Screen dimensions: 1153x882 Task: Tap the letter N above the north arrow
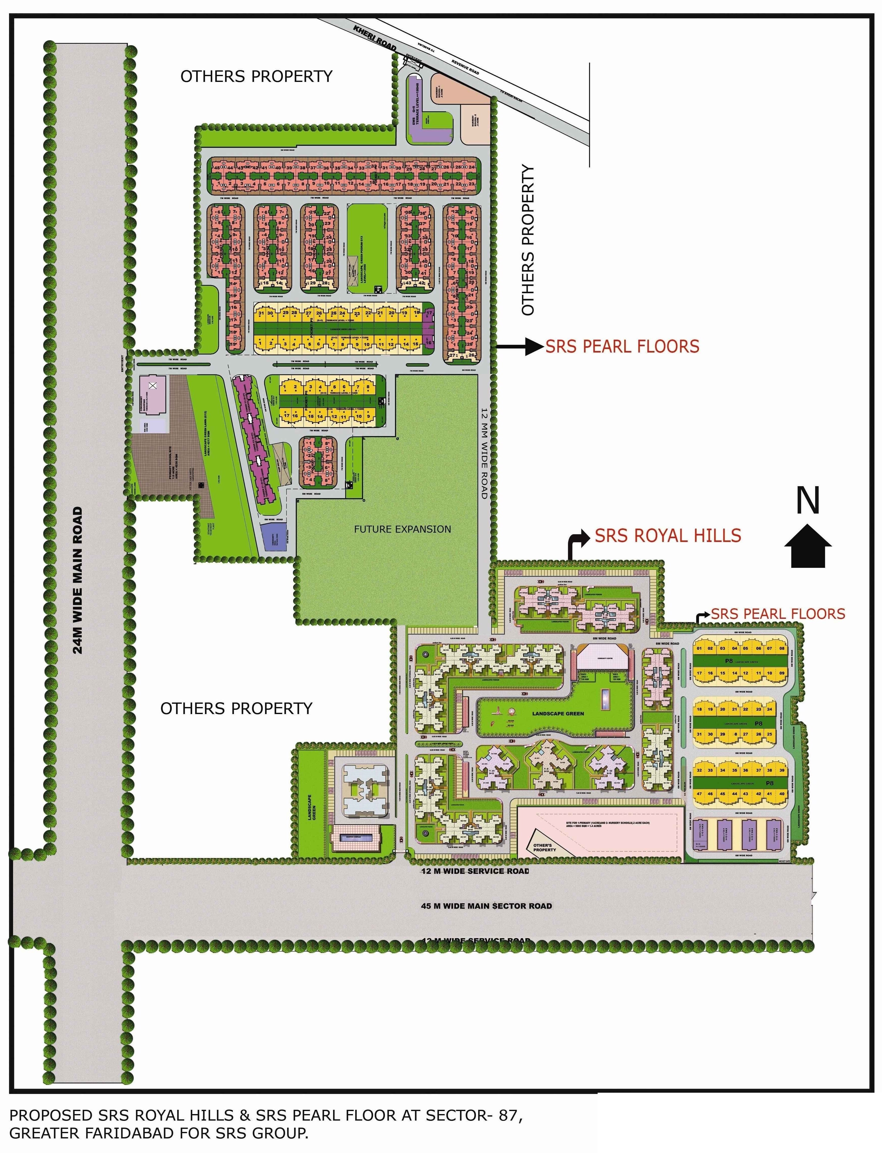pos(807,501)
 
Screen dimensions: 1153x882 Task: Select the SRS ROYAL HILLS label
pos(668,536)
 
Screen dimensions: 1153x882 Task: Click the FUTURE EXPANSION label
pos(402,529)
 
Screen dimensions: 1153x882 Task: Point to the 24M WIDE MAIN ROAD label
pos(78,580)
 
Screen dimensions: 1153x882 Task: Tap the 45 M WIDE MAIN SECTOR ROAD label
pos(486,906)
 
